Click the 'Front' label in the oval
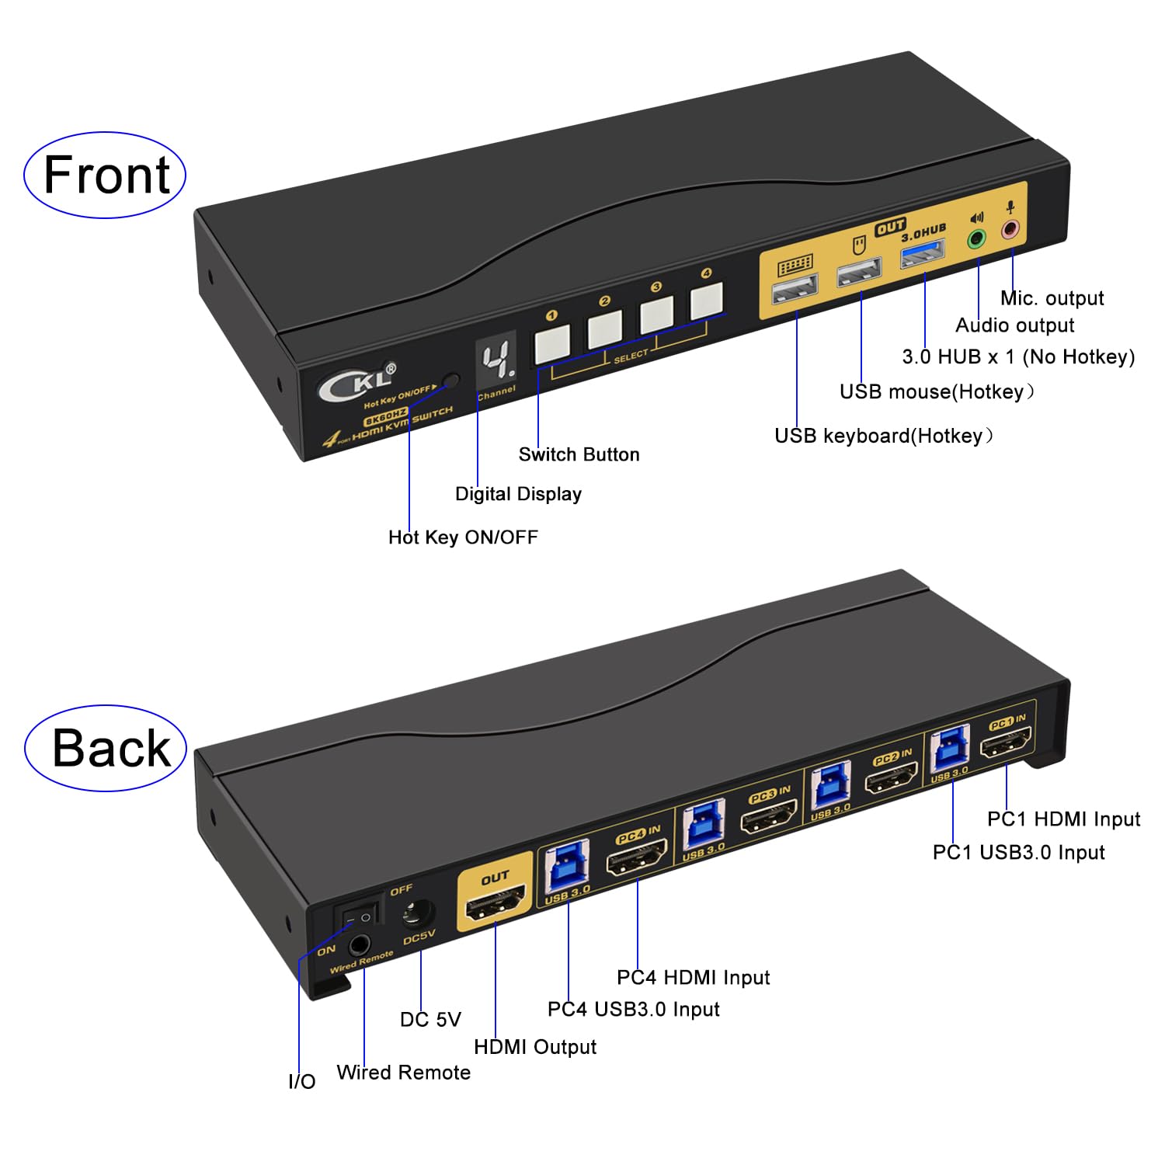(106, 175)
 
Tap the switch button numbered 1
(551, 343)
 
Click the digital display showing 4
(496, 361)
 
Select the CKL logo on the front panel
(356, 381)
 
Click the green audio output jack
(976, 238)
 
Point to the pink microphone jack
(1010, 229)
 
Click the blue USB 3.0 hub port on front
(922, 254)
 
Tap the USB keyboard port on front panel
(794, 290)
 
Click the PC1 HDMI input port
(1006, 746)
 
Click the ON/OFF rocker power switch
(357, 916)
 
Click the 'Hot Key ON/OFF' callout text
(463, 537)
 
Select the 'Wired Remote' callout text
(403, 1073)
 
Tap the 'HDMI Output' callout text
(534, 1047)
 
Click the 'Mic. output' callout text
(1052, 298)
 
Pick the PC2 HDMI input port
(891, 777)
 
